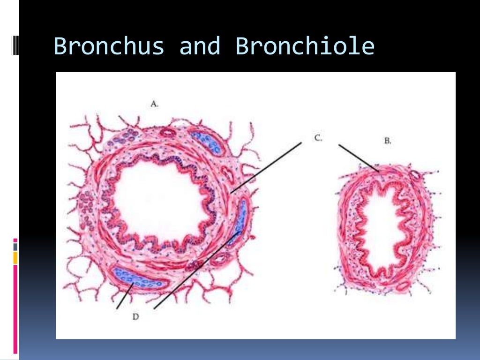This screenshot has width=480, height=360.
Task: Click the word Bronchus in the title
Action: click(109, 46)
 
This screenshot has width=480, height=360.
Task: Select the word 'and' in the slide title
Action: click(200, 46)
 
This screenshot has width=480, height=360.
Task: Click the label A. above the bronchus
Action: click(154, 104)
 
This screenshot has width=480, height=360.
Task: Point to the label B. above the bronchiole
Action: click(387, 140)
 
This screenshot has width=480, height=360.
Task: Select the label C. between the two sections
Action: click(318, 138)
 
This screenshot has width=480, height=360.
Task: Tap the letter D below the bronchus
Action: click(135, 317)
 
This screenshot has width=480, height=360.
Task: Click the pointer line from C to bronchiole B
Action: click(359, 158)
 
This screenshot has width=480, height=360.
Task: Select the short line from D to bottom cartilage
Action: click(124, 296)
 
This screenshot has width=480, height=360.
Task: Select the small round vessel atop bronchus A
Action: click(166, 133)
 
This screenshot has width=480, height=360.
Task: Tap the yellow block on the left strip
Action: click(15, 257)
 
